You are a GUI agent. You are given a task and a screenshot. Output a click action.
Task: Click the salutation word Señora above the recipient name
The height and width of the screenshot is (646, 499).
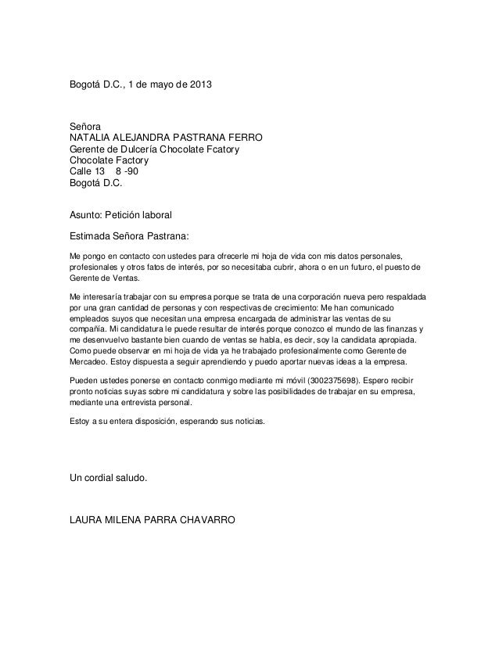coord(85,126)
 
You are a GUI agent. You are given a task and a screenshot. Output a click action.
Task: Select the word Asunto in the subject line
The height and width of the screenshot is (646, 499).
coord(88,214)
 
